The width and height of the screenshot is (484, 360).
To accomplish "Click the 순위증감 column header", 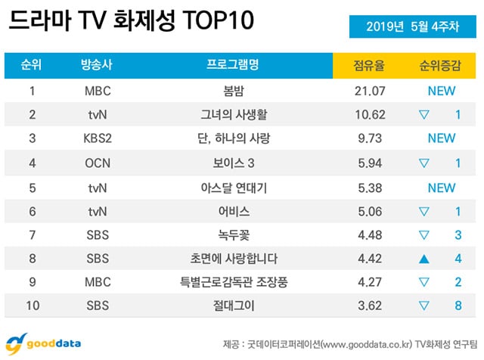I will click(441, 65).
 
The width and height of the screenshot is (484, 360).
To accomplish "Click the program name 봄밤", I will click(232, 92).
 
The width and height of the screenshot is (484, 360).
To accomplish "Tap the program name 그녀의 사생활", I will click(232, 115).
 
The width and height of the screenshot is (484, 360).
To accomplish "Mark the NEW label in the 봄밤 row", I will click(441, 92).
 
